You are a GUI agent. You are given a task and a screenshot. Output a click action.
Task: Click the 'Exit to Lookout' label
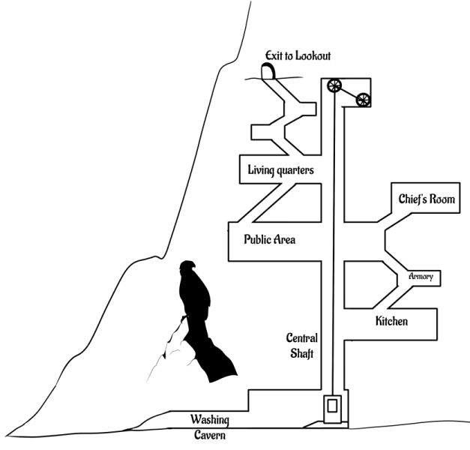(298, 56)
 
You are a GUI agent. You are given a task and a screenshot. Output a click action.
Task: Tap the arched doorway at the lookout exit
(268, 71)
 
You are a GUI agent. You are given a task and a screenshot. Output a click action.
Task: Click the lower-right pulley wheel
(364, 99)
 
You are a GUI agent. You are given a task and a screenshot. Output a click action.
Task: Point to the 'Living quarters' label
(280, 170)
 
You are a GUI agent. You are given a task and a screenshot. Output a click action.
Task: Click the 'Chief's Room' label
(427, 199)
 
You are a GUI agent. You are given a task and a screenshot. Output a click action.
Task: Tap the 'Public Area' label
(270, 240)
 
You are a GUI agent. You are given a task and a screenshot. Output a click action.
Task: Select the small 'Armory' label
(421, 277)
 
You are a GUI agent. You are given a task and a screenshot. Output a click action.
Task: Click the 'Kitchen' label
(391, 321)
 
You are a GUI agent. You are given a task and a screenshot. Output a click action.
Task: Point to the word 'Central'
(303, 337)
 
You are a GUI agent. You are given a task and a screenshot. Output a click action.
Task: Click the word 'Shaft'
(302, 354)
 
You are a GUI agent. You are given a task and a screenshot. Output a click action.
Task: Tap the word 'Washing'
(209, 419)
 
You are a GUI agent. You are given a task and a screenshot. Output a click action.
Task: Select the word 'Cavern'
(208, 434)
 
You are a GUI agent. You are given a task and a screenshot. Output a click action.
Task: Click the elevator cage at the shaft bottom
(331, 408)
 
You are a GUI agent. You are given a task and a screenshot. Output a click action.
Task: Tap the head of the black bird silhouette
(188, 268)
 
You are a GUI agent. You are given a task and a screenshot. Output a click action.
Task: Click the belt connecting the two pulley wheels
(349, 91)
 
